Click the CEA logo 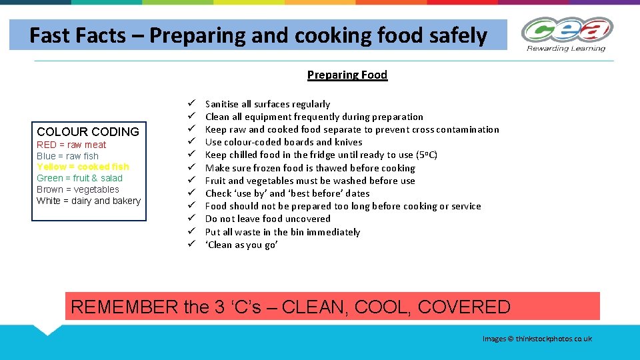pyautogui.click(x=567, y=30)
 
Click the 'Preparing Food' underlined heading pyautogui.click(x=347, y=75)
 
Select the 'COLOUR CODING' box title pyautogui.click(x=88, y=131)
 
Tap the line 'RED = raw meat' pyautogui.click(x=71, y=145)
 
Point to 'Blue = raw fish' pyautogui.click(x=67, y=156)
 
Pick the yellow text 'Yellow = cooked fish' pyautogui.click(x=83, y=167)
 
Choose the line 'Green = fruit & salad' pyautogui.click(x=79, y=178)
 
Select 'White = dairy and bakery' pyautogui.click(x=89, y=201)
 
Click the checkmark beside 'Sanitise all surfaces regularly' pyautogui.click(x=190, y=104)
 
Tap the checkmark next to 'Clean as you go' pyautogui.click(x=190, y=245)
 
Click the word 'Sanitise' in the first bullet pyautogui.click(x=222, y=104)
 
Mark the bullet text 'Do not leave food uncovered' pyautogui.click(x=267, y=219)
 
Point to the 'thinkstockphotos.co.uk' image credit pyautogui.click(x=553, y=339)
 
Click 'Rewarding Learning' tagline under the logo pyautogui.click(x=566, y=48)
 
